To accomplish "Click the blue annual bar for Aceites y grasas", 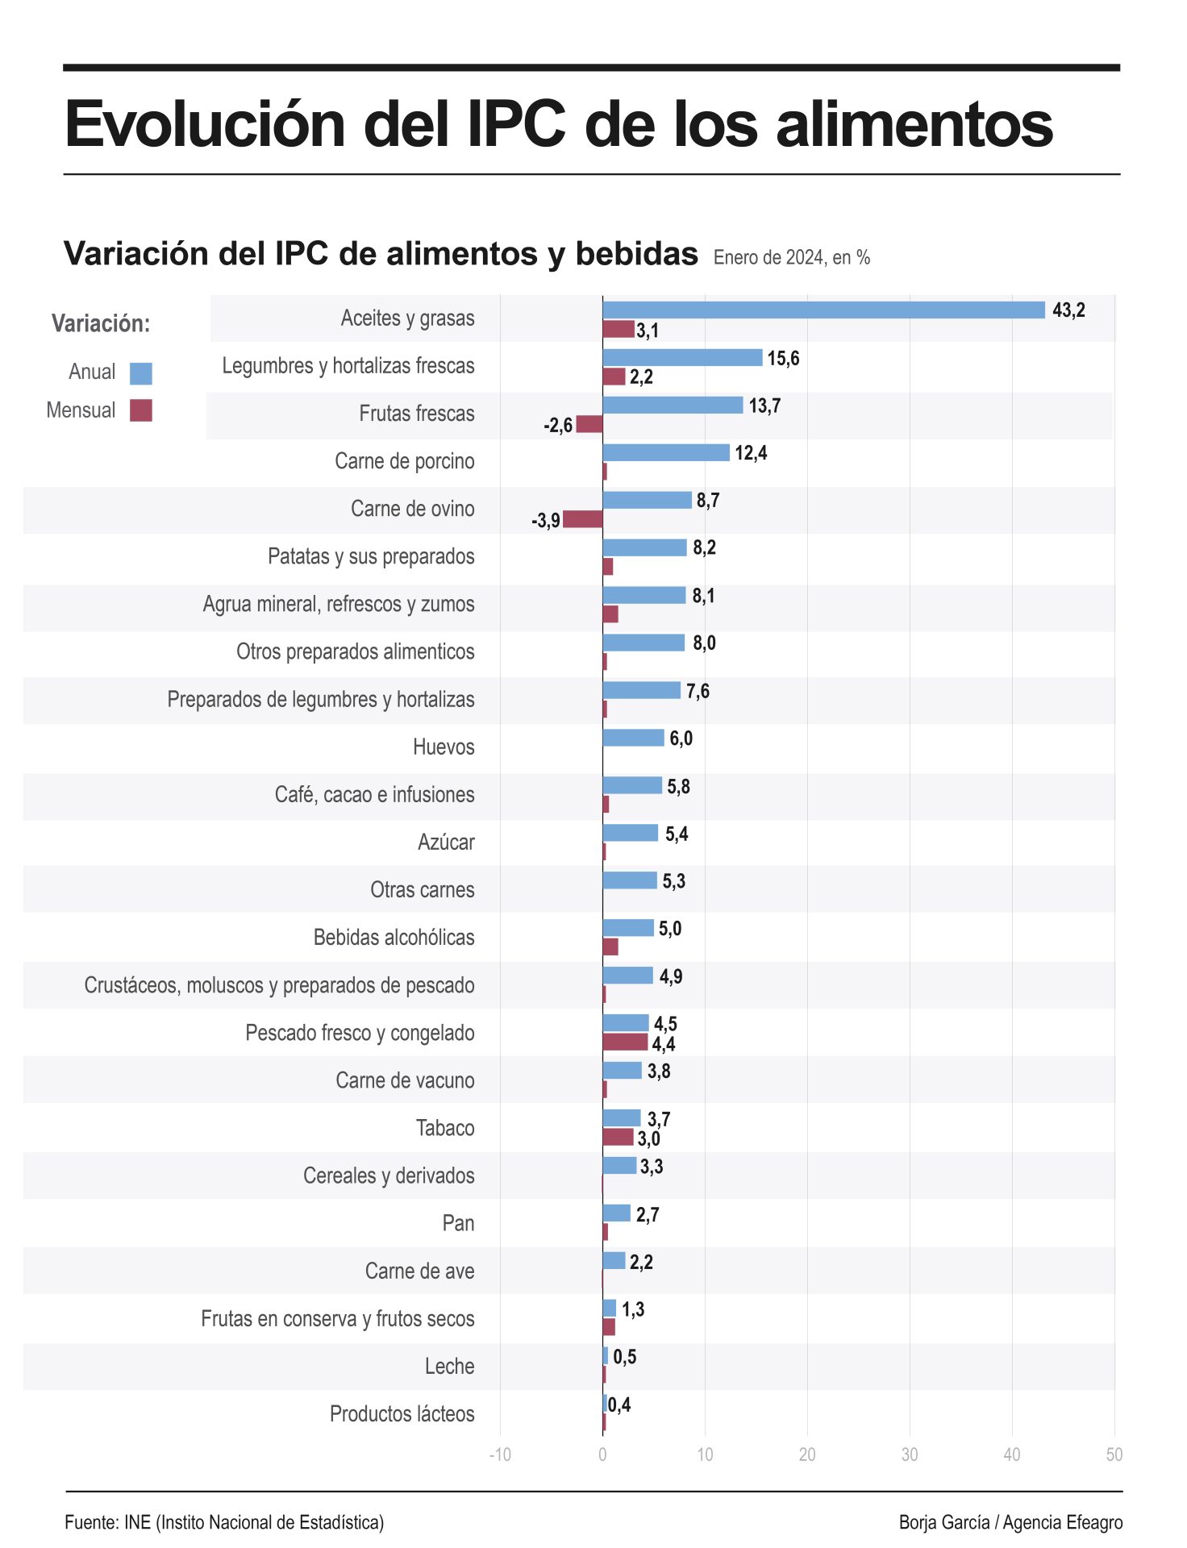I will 823,310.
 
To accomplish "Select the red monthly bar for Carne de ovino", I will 582,519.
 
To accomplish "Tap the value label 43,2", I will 1068,310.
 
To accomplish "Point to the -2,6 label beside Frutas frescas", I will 558,425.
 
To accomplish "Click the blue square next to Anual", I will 141,373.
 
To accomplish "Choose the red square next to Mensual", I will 141,410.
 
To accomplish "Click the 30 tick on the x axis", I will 910,1454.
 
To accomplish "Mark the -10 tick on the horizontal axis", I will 500,1454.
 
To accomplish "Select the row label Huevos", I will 444,747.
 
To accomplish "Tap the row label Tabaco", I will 445,1128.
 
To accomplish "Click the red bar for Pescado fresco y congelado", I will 625,1042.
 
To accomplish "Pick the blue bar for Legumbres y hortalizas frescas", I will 682,357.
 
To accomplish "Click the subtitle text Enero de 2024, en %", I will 791,258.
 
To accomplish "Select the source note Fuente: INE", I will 224,1522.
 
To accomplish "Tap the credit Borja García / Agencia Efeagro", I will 1010,1522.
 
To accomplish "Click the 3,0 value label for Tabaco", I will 648,1138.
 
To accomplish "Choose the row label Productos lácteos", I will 402,1413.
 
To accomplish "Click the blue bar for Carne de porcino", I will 666,452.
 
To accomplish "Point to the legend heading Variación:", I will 101,323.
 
